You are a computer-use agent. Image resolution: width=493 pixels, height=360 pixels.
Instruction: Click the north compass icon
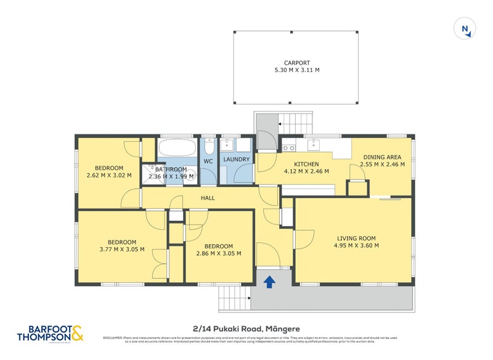point(463,28)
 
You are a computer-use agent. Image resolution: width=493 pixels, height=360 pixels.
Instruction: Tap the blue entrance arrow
point(269,282)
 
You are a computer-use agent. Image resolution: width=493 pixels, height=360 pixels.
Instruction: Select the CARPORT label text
point(297,63)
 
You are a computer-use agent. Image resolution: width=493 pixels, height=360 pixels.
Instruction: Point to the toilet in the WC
point(208,148)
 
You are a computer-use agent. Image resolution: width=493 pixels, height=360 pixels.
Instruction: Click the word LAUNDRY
point(236,160)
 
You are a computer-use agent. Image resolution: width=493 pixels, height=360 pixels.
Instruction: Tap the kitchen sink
point(314,145)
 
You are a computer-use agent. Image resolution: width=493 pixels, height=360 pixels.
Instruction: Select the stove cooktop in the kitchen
point(288,147)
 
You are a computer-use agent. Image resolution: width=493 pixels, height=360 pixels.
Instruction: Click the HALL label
point(208,198)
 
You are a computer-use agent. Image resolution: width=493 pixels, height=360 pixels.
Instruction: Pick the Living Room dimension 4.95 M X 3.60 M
point(356,245)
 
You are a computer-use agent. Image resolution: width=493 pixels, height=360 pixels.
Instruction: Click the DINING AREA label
point(382,157)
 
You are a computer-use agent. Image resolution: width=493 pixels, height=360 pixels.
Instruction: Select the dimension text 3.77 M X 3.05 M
point(122,250)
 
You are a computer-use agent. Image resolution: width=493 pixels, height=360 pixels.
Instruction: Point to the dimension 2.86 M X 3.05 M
point(218,253)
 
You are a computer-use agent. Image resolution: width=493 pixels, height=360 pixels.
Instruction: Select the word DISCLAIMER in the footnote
point(113,338)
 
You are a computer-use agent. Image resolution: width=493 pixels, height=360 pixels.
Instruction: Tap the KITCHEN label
point(306,164)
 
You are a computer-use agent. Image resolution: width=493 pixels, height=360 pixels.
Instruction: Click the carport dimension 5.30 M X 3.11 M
point(297,70)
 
